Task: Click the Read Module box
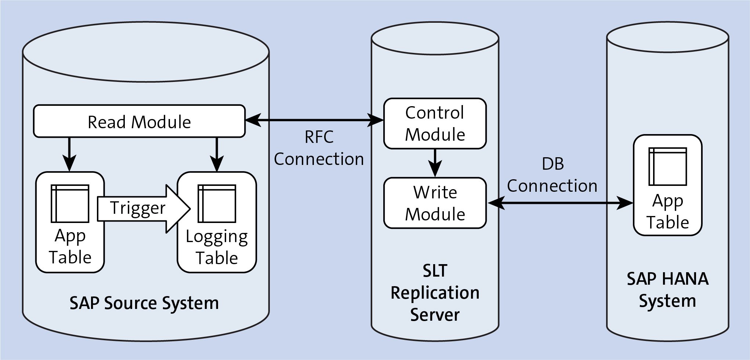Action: pyautogui.click(x=139, y=122)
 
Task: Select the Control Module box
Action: pyautogui.click(x=435, y=123)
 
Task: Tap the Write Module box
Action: pyautogui.click(x=435, y=203)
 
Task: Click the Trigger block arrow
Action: pyautogui.click(x=143, y=209)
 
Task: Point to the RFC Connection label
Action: pyautogui.click(x=319, y=148)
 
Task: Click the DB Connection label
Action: pyautogui.click(x=552, y=175)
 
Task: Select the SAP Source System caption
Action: pyautogui.click(x=144, y=303)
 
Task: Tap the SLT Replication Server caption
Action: pyautogui.click(x=435, y=293)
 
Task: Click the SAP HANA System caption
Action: pyautogui.click(x=667, y=290)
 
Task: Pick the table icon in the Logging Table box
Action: pyautogui.click(x=217, y=204)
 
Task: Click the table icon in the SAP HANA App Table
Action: pyautogui.click(x=667, y=166)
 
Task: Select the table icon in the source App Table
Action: pyautogui.click(x=70, y=204)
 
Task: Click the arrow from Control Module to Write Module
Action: pyautogui.click(x=435, y=162)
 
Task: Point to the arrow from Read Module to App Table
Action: pyautogui.click(x=69, y=154)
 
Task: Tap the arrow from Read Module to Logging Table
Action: pyautogui.click(x=217, y=154)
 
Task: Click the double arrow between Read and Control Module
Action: pyautogui.click(x=314, y=120)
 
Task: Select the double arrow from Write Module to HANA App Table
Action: pyautogui.click(x=560, y=203)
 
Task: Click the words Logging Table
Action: pyautogui.click(x=217, y=247)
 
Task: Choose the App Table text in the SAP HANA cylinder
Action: pyautogui.click(x=667, y=212)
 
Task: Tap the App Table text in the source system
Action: pyautogui.click(x=70, y=246)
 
